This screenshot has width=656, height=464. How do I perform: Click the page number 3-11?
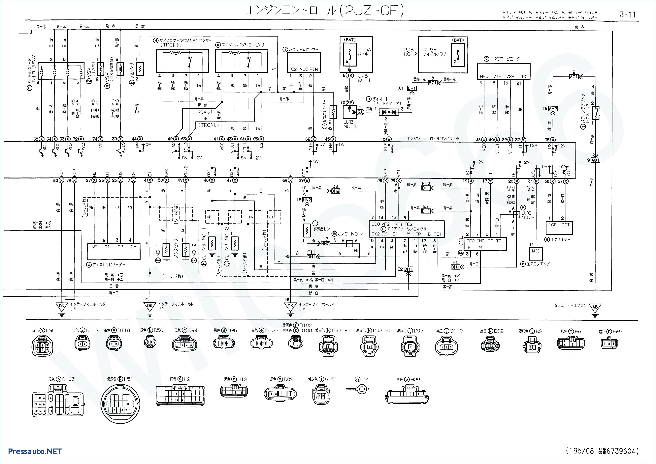[x=627, y=14]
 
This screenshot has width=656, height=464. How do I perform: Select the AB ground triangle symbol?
[x=595, y=307]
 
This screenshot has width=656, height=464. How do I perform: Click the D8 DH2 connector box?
[x=335, y=191]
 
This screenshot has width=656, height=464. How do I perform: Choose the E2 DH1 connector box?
[x=408, y=269]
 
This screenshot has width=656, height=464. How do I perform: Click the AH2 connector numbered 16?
[x=553, y=109]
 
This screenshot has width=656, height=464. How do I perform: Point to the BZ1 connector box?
[x=433, y=83]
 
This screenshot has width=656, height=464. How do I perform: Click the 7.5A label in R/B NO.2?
[x=430, y=49]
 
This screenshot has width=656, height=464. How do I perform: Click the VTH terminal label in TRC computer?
[x=497, y=76]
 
